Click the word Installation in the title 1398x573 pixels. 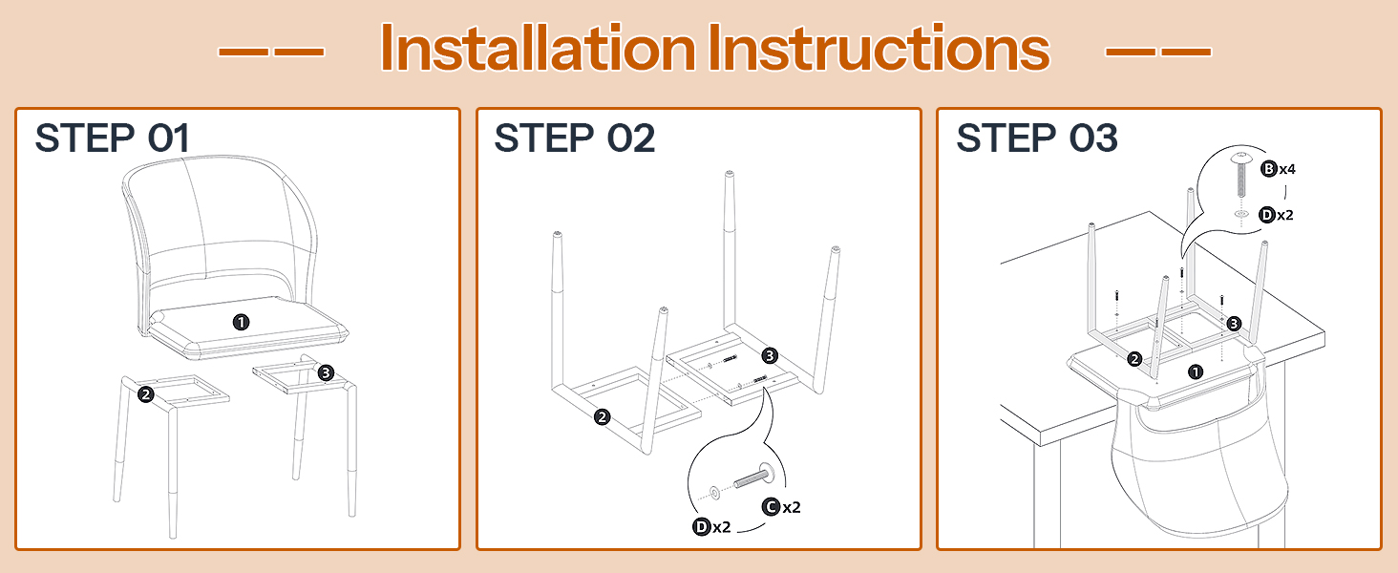(538, 48)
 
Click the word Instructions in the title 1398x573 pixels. (879, 48)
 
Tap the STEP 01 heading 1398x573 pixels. (113, 138)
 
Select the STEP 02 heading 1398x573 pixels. (575, 138)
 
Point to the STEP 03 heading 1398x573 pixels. (1037, 138)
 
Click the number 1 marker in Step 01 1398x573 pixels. (241, 322)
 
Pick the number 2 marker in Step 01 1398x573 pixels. (146, 394)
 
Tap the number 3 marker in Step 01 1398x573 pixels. (326, 372)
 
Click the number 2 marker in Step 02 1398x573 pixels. (602, 417)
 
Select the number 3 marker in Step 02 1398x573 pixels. (770, 356)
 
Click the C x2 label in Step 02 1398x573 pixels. (781, 507)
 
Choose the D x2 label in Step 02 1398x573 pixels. (712, 527)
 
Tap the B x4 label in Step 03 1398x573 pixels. (1279, 168)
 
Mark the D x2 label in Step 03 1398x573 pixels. (1277, 215)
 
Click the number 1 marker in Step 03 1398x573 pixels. (1196, 372)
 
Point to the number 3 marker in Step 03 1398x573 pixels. (1234, 324)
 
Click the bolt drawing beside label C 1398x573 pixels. (754, 477)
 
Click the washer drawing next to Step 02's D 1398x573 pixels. (714, 493)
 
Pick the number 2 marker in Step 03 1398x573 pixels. (1134, 359)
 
